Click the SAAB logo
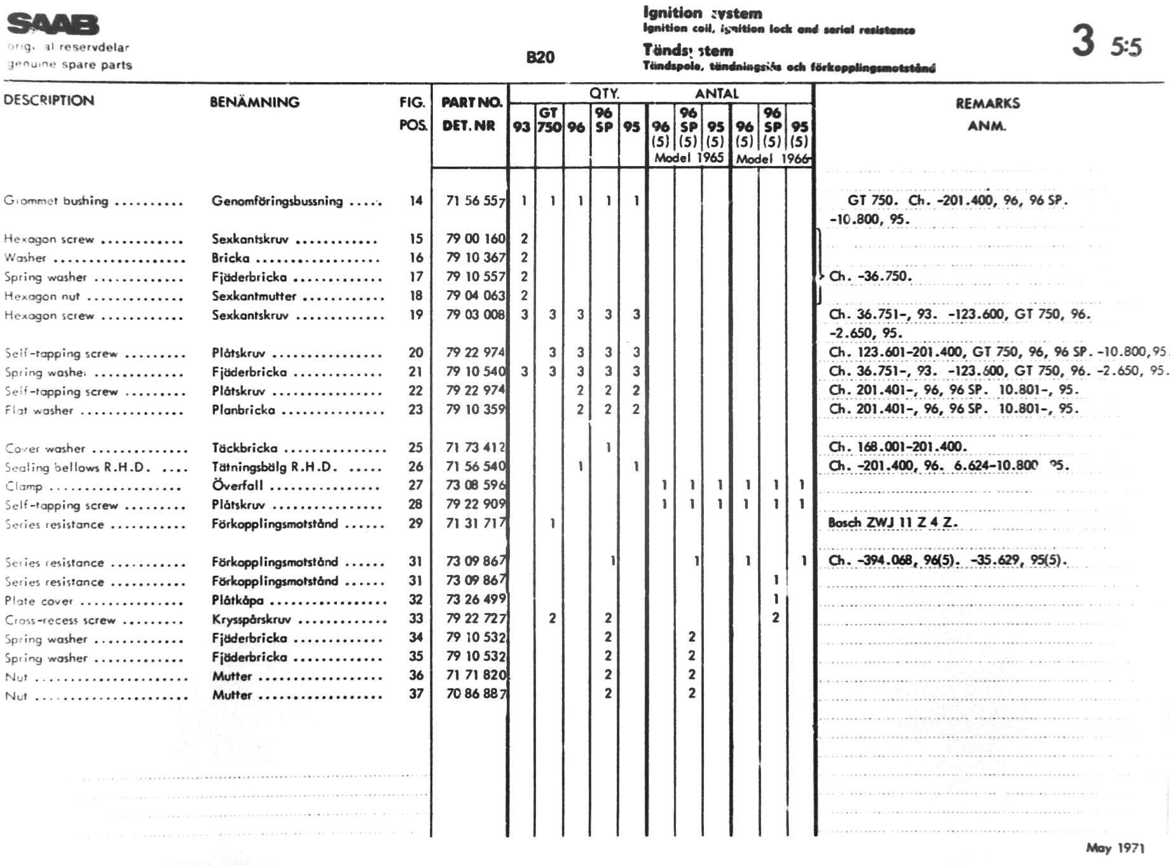(53, 24)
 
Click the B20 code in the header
(540, 57)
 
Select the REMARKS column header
(987, 103)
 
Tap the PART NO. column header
(471, 102)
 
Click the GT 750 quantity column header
(549, 120)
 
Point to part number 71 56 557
(475, 201)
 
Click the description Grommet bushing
(56, 201)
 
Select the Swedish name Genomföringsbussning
(277, 201)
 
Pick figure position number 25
(415, 448)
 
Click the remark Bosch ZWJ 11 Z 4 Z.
(891, 523)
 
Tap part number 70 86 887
(476, 694)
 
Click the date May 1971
(1115, 847)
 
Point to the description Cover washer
(45, 448)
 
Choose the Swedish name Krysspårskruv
(251, 619)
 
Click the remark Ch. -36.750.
(870, 276)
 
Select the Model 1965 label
(689, 158)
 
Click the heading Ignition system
(702, 13)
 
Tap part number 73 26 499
(476, 599)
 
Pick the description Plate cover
(39, 601)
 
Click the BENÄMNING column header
(254, 102)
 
